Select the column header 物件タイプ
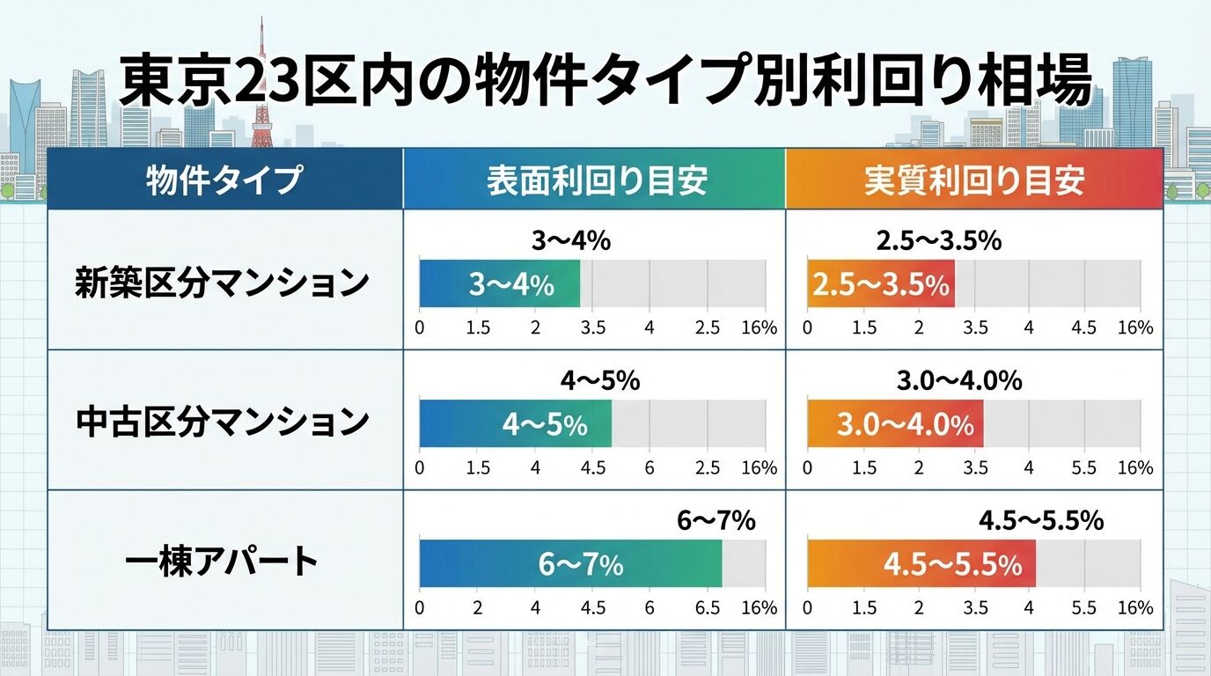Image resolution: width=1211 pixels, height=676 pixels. (224, 180)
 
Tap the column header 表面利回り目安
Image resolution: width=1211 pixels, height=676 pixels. (596, 180)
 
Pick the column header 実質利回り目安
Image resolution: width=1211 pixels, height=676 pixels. (973, 180)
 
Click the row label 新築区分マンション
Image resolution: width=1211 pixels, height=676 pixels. (221, 283)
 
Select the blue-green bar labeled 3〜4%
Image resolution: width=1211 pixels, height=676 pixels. (499, 283)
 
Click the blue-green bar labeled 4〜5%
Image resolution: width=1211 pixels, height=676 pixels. (515, 423)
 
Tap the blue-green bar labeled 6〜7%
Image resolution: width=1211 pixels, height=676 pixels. (569, 563)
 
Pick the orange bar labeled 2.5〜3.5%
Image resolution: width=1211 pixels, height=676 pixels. (880, 283)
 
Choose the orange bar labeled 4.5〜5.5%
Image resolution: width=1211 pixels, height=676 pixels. (921, 563)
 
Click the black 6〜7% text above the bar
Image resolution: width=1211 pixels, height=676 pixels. (716, 521)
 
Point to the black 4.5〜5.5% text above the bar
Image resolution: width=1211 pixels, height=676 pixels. (1041, 521)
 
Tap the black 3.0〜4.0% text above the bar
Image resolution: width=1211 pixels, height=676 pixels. (959, 381)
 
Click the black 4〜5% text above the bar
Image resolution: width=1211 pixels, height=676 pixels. (599, 381)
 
